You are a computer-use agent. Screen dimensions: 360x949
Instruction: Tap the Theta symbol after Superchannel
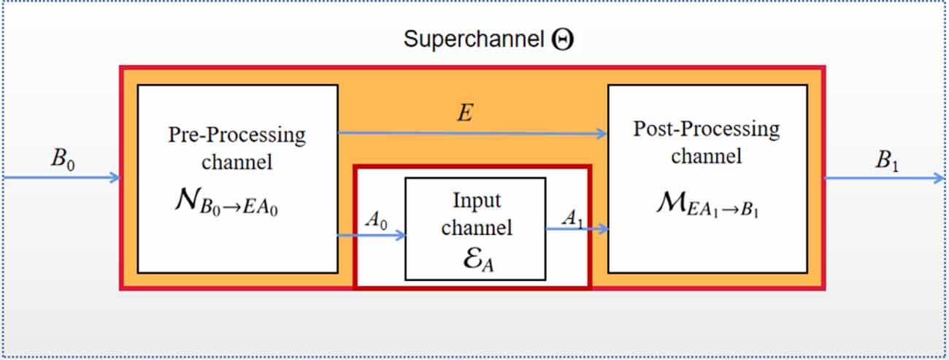(562, 39)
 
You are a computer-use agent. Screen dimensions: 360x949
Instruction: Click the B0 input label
(62, 159)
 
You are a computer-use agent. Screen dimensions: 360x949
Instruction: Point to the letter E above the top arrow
(464, 113)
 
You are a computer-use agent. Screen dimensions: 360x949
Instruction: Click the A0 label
(374, 220)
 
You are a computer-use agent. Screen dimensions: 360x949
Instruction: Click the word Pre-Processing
(237, 135)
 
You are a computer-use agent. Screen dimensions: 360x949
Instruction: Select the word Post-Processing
(706, 129)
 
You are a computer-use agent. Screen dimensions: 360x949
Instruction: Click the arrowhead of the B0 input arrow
(115, 177)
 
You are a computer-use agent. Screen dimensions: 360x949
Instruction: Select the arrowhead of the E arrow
(602, 134)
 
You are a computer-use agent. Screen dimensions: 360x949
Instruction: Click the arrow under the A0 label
(372, 235)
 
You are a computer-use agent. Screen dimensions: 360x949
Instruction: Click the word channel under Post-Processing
(706, 156)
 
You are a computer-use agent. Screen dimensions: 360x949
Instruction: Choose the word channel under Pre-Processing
(237, 161)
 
